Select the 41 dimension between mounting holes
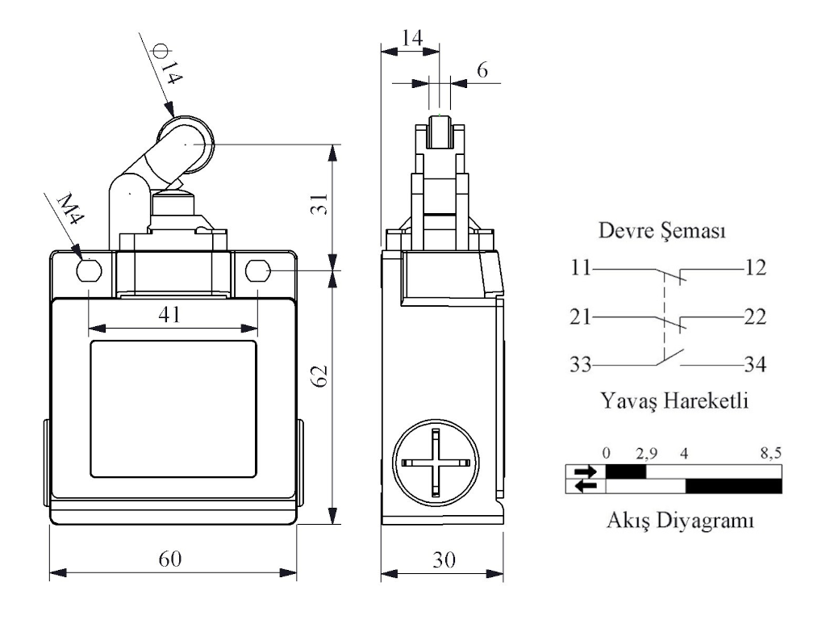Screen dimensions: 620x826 170,315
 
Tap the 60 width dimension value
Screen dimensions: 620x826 170,559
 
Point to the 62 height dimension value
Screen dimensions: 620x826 320,375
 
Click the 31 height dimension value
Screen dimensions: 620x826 320,206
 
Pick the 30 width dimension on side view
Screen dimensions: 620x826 441,559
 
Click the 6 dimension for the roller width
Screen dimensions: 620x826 482,70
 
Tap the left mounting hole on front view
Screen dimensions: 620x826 87,270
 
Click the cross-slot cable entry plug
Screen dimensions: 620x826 433,465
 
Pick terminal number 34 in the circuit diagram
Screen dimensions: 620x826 756,365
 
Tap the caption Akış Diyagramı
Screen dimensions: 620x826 680,521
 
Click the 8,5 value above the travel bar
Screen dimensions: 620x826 771,454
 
